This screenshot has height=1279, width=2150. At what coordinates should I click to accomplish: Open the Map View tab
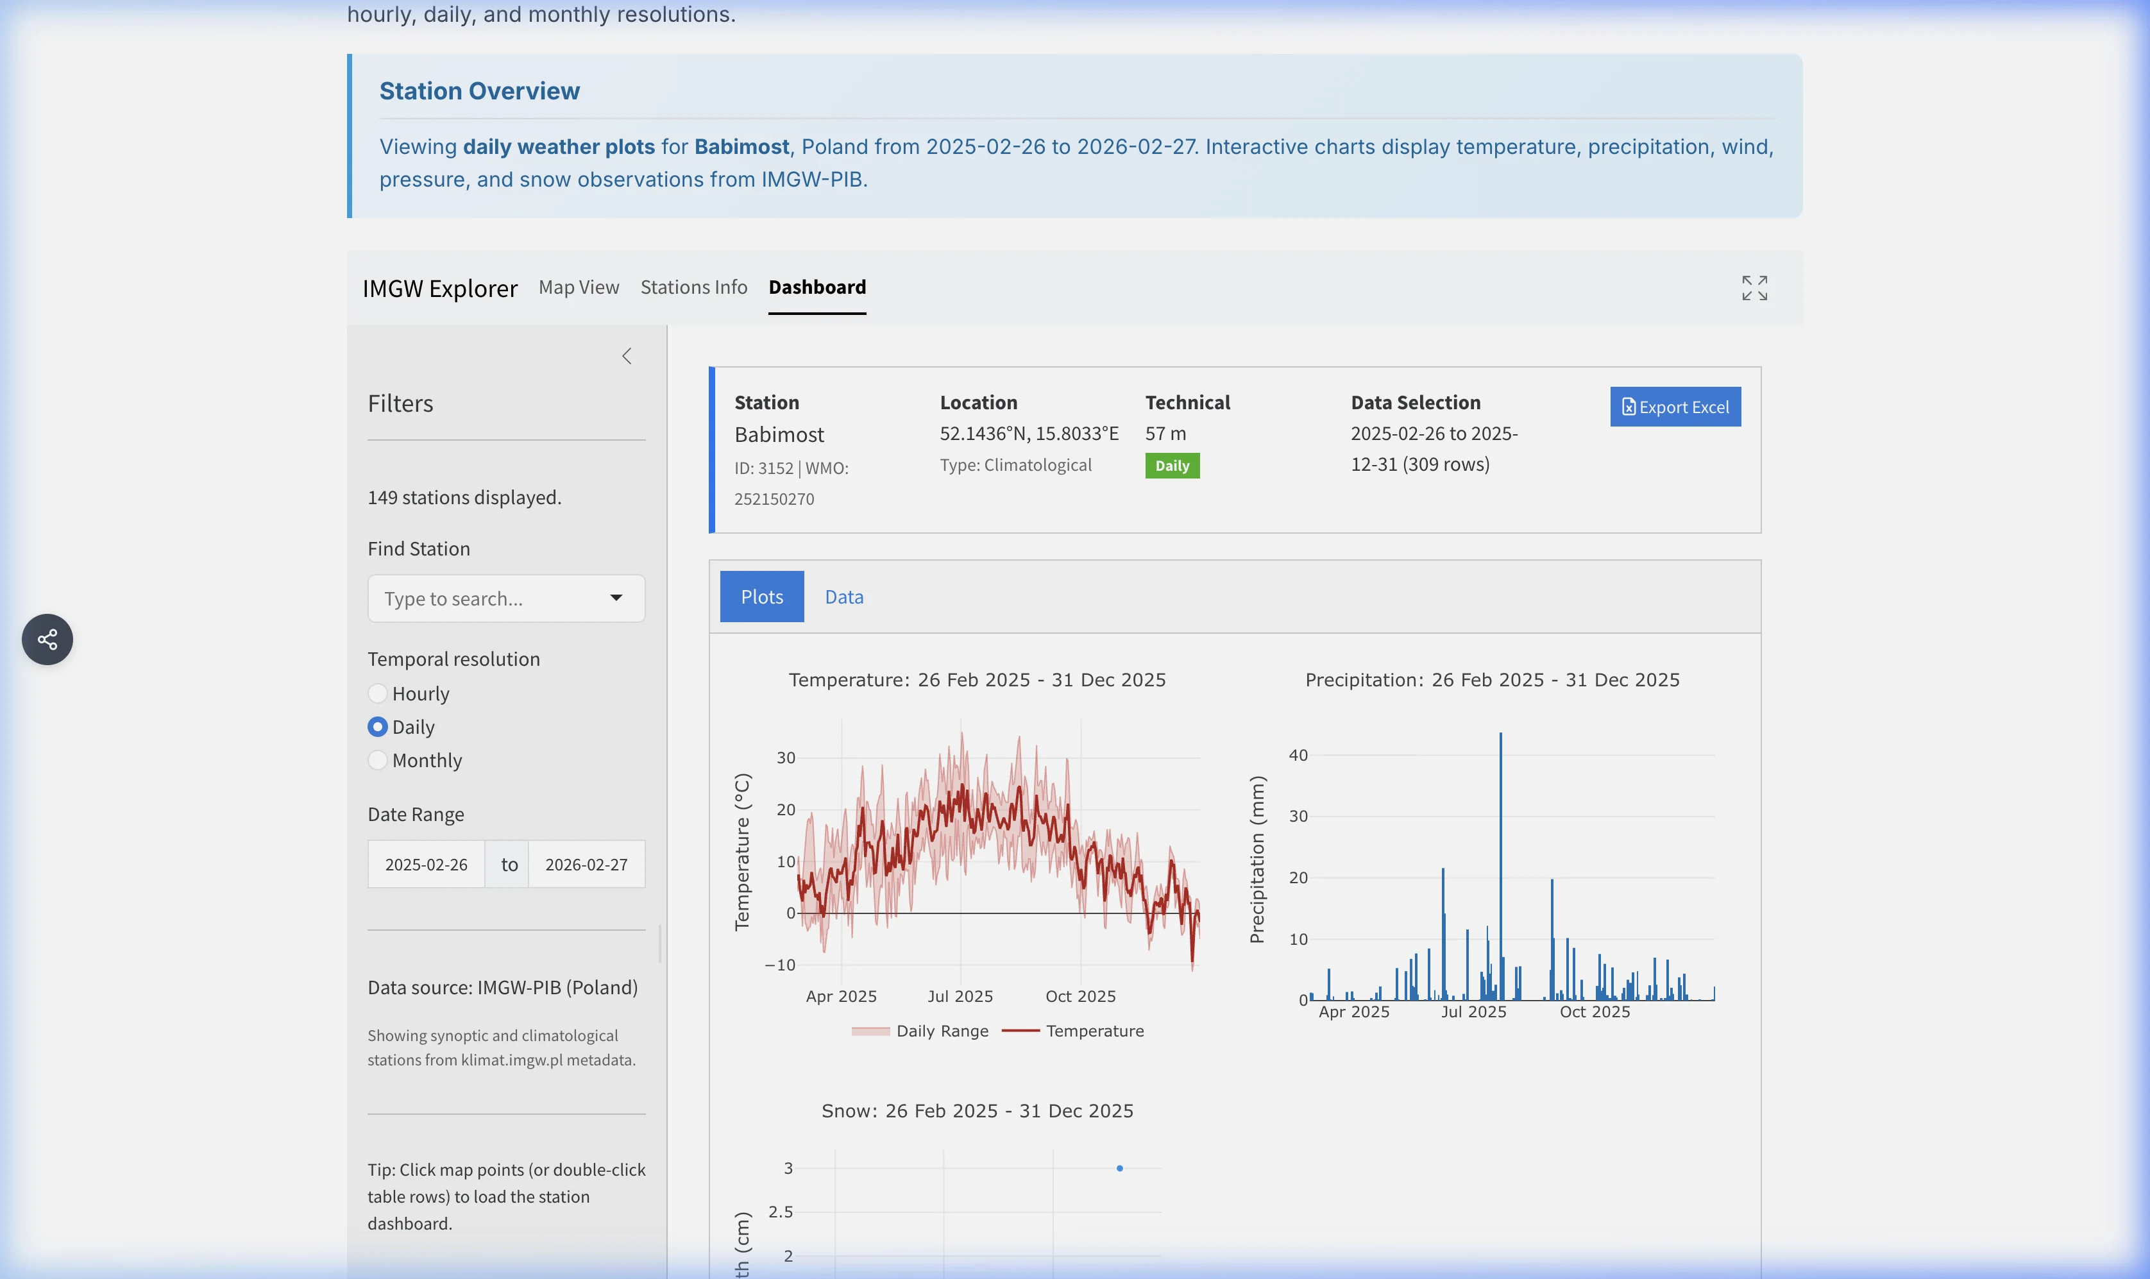(578, 287)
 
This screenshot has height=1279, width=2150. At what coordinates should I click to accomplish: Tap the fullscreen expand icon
(1754, 288)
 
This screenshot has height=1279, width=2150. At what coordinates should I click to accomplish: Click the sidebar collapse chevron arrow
(627, 356)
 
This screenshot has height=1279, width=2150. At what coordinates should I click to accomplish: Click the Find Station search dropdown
(506, 598)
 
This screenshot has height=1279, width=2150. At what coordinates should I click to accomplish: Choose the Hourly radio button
(377, 694)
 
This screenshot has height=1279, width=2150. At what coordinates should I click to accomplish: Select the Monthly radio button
(377, 760)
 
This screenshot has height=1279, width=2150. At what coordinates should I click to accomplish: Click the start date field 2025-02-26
(426, 865)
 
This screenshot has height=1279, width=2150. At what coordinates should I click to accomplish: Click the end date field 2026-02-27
(586, 865)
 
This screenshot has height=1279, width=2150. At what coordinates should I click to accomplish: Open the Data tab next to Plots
(843, 597)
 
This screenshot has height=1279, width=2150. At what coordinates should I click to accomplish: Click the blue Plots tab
(762, 597)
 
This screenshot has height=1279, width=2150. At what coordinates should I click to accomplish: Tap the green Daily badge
(1171, 466)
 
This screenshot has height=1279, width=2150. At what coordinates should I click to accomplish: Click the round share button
(47, 639)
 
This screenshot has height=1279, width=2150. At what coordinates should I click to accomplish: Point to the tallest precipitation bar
(1500, 862)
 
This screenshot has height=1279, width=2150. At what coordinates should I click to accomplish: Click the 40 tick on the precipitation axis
(1298, 755)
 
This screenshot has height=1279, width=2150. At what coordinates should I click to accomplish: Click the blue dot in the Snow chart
(1119, 1169)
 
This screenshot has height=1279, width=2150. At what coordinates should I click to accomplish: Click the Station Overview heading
(479, 90)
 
